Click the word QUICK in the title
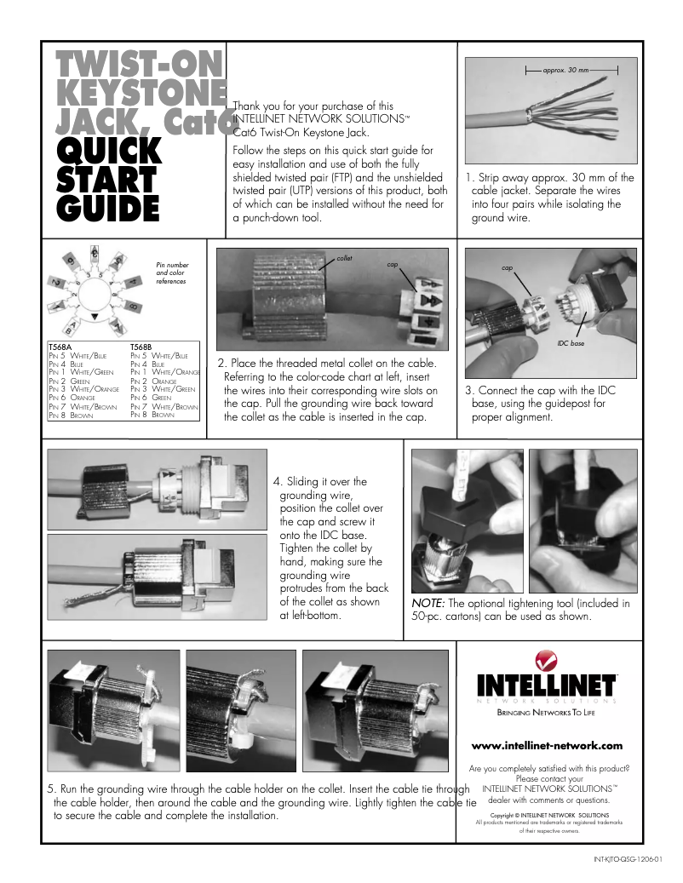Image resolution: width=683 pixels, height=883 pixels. (x=109, y=151)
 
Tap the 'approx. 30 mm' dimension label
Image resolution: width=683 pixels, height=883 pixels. (x=565, y=68)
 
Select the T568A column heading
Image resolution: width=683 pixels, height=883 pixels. (x=59, y=347)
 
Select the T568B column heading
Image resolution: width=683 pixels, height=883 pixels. (x=141, y=347)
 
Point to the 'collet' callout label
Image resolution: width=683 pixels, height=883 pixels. (x=344, y=257)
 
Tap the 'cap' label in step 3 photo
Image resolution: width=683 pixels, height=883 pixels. (x=507, y=267)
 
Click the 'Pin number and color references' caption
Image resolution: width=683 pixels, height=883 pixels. (x=173, y=272)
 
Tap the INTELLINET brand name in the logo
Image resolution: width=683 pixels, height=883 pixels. (x=547, y=685)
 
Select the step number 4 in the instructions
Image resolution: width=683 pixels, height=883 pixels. (x=276, y=481)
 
